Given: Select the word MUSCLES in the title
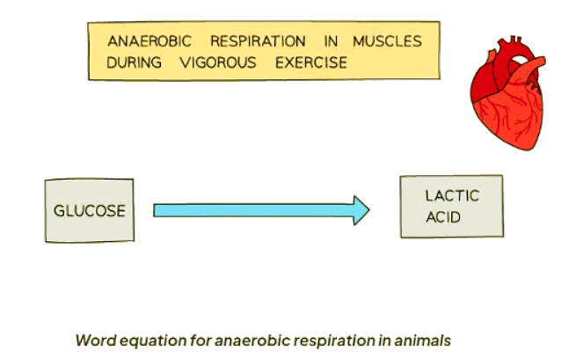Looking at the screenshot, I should tap(386, 41).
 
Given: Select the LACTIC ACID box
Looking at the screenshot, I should tap(451, 206).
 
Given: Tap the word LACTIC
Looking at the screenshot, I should tap(451, 195).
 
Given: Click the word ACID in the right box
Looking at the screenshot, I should tap(442, 217).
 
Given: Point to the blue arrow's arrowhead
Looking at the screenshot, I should tap(361, 209).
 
